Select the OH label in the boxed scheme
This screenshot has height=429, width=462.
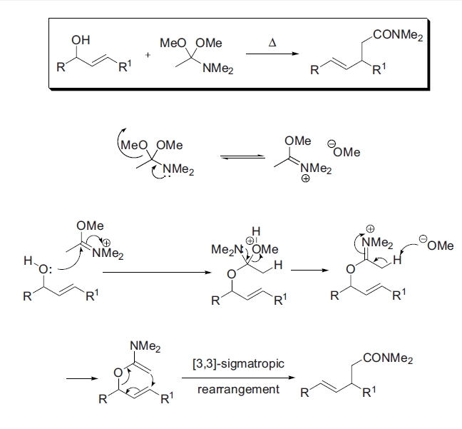tap(81, 41)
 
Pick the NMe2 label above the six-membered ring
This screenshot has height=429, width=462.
tap(145, 348)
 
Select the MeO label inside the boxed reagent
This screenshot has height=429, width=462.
tap(134, 145)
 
